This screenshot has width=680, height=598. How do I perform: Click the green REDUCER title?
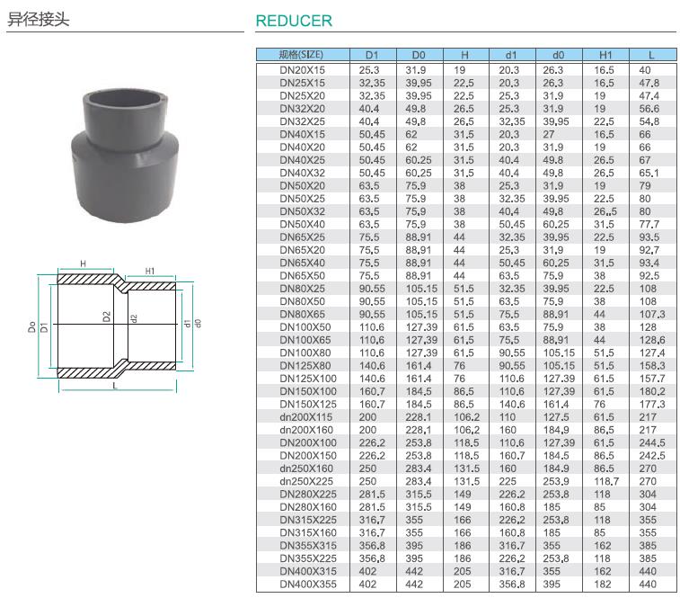[294, 21]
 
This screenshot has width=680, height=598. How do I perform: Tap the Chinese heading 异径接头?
[38, 20]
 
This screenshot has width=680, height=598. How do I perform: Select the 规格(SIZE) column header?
[301, 55]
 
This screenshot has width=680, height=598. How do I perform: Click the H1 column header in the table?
[605, 55]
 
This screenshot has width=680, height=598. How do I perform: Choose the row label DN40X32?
[302, 173]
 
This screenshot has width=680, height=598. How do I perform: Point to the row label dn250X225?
[306, 481]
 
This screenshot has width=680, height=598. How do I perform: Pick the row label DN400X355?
[308, 585]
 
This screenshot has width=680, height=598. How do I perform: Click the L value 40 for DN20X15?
[645, 70]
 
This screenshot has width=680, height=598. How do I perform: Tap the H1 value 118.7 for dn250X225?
[606, 481]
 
